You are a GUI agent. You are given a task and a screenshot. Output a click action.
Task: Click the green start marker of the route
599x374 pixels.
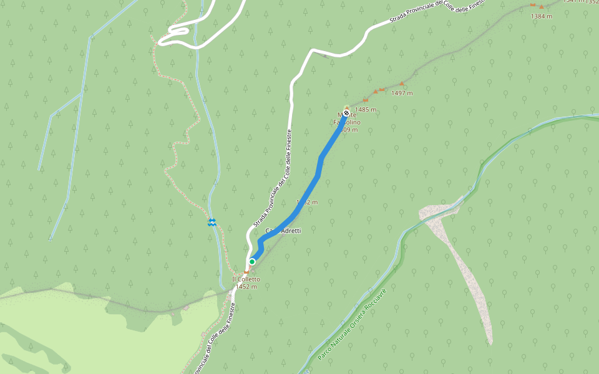[252, 261]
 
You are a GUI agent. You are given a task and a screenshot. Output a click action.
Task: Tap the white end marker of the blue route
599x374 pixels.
[346, 113]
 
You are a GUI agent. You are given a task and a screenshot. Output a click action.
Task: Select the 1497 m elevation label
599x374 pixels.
[402, 93]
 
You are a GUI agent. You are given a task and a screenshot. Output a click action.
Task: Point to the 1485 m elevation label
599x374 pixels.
[365, 110]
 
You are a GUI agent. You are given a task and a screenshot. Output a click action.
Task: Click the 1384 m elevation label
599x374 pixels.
[542, 16]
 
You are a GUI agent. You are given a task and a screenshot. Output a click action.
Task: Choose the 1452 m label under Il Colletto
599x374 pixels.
[246, 287]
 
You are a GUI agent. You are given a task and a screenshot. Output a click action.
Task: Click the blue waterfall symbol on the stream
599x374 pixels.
[212, 223]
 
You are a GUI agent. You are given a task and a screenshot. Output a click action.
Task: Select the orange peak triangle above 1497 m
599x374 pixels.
[401, 84]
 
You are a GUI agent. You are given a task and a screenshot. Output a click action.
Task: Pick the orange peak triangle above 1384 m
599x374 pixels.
[542, 7]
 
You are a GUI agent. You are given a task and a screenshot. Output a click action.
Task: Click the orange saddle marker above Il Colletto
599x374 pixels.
[246, 272]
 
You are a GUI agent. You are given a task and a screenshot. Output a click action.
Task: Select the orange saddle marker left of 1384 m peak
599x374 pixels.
[532, 4]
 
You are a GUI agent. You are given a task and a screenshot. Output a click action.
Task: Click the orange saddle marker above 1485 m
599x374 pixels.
[366, 100]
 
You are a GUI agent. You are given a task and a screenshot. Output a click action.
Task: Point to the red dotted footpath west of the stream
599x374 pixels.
[178, 143]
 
